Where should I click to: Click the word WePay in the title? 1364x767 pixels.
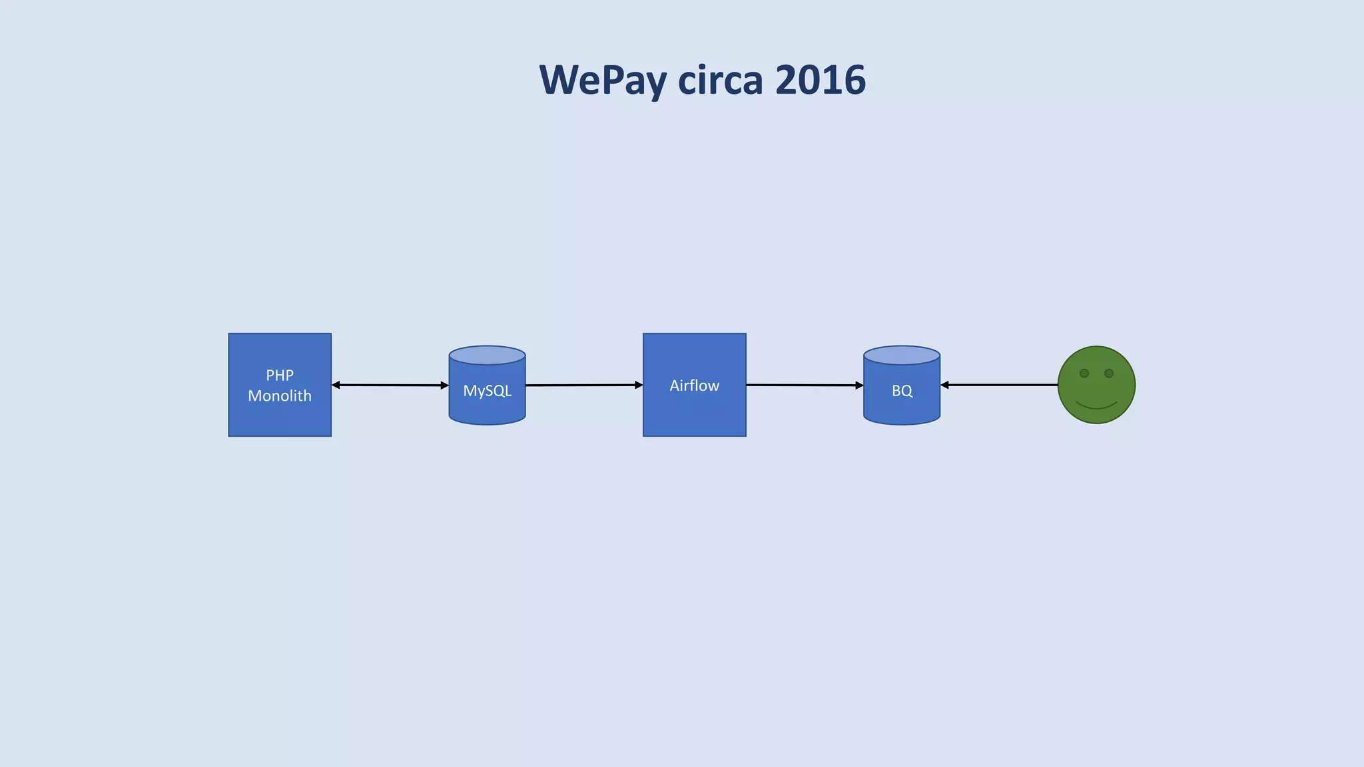click(603, 80)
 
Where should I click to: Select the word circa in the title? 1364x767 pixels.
click(721, 80)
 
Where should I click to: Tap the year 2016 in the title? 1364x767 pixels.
click(821, 80)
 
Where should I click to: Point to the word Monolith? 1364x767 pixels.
click(280, 396)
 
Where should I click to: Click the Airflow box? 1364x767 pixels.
click(694, 385)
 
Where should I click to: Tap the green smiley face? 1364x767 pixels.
click(1096, 385)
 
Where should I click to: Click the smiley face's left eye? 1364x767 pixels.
click(1084, 374)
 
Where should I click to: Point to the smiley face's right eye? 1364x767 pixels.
click(1109, 374)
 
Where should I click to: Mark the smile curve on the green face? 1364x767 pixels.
click(1096, 406)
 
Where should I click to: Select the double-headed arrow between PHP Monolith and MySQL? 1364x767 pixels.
click(390, 385)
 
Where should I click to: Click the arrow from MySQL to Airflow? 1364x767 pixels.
click(583, 385)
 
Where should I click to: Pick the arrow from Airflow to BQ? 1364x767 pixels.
click(804, 385)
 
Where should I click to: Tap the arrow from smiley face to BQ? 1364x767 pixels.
click(999, 385)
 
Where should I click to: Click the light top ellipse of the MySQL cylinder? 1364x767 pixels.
click(488, 355)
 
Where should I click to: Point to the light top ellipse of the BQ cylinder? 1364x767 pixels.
click(902, 355)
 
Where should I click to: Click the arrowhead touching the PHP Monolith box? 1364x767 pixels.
click(336, 385)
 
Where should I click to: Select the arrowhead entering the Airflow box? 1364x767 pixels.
click(639, 385)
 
